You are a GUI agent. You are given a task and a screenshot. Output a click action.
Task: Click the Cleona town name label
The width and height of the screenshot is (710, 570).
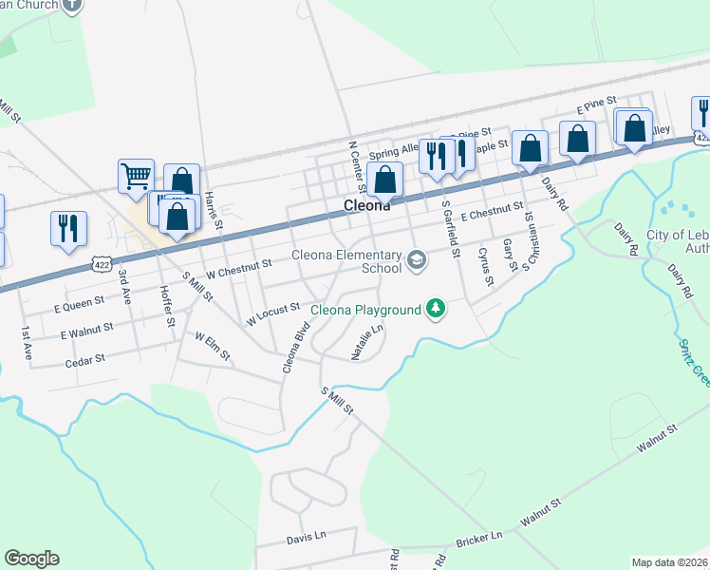click(365, 205)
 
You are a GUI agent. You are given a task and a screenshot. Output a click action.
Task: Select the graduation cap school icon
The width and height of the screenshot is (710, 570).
click(416, 260)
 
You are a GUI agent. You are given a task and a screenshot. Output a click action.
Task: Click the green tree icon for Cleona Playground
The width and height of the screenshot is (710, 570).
click(436, 309)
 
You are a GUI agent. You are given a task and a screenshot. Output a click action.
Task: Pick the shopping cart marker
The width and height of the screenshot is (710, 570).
click(136, 175)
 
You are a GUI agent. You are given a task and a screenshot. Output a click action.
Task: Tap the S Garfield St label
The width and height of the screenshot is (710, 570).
click(449, 229)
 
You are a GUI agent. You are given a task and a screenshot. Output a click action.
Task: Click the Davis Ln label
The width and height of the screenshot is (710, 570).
click(306, 539)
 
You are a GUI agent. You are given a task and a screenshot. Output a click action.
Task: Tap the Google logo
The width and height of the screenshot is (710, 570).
click(31, 559)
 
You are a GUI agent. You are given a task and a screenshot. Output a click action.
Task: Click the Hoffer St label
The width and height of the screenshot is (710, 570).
click(167, 306)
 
